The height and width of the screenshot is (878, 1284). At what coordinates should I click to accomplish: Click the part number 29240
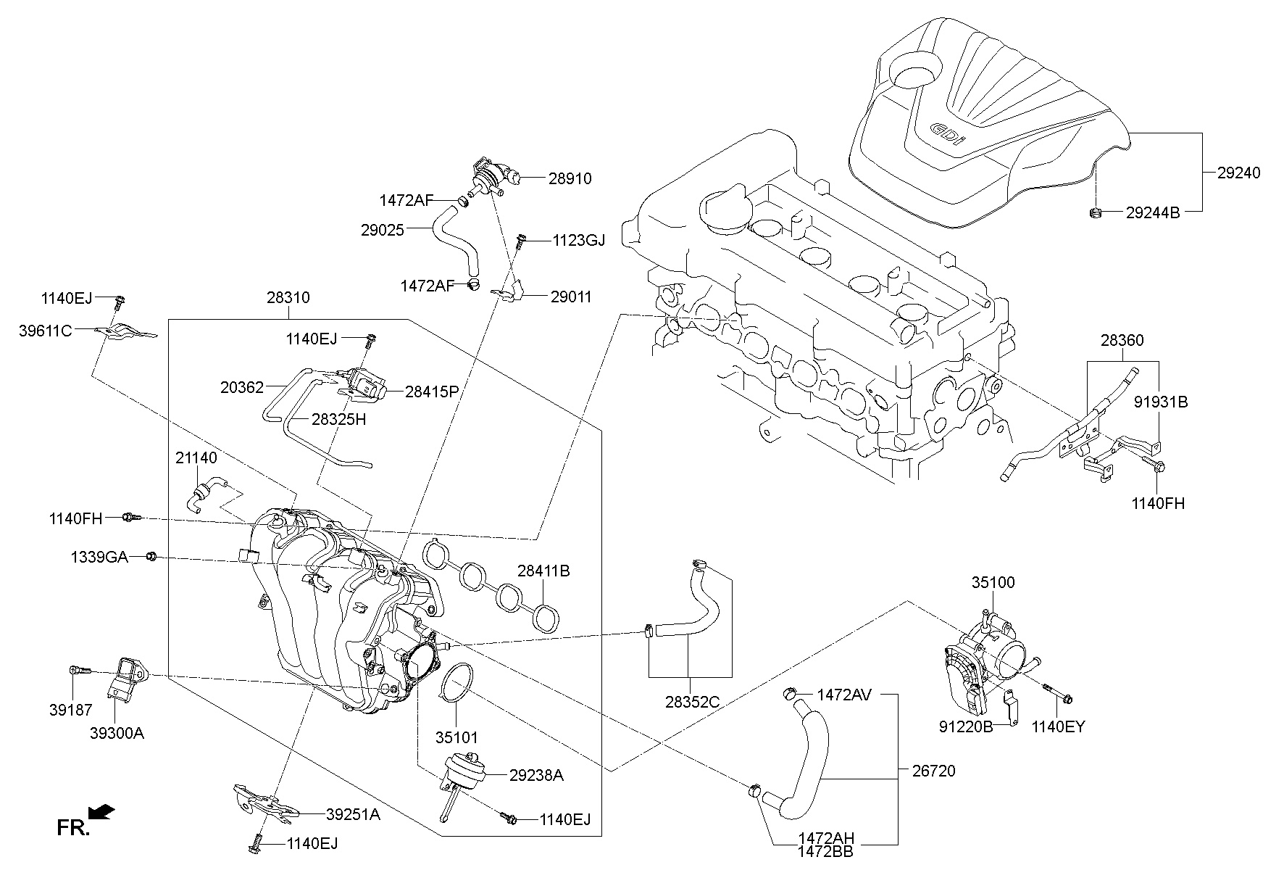coord(1238,173)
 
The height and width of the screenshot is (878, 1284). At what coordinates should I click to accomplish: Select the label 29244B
coord(1153,212)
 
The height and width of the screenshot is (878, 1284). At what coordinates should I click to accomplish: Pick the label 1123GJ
coord(578,240)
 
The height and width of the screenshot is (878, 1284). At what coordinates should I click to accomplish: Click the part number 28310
coord(288,297)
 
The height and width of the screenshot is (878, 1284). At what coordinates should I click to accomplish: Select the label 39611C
coord(46,331)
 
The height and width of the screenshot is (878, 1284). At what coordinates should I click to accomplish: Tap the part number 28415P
coord(432,392)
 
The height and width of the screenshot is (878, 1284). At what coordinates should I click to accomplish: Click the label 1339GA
coord(99,557)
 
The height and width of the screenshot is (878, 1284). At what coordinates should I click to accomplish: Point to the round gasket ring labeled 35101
coord(456,682)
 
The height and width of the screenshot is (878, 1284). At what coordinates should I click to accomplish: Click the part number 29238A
coord(535,775)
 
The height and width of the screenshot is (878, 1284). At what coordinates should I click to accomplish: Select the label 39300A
coord(117,733)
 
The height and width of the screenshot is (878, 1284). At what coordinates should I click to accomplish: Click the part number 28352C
coord(692,701)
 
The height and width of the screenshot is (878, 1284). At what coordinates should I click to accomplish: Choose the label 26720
coord(933,771)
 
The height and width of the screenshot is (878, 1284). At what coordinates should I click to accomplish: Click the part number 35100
coord(993,582)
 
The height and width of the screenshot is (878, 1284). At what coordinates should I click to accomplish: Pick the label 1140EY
coord(1059,726)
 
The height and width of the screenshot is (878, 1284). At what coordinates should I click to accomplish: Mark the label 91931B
coord(1161,402)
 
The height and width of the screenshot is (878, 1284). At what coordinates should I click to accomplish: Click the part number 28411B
coord(543,571)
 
